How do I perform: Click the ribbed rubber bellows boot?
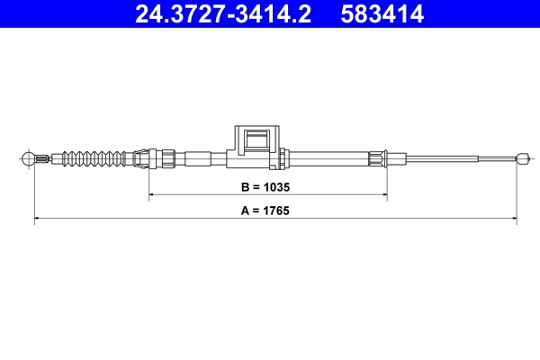click(x=94, y=159)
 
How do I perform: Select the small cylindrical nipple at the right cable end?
click(x=520, y=159)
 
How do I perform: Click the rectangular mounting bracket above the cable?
click(x=257, y=144)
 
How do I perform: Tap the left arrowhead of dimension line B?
click(x=152, y=194)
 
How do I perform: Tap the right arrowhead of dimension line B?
click(x=384, y=194)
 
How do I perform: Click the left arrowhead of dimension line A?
click(x=37, y=218)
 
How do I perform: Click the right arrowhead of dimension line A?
click(x=513, y=218)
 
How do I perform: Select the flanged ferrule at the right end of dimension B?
click(x=379, y=159)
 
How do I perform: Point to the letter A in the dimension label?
click(x=245, y=212)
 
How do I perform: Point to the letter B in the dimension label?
click(x=245, y=190)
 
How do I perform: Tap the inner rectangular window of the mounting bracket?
click(x=257, y=139)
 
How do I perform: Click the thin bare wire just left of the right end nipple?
click(x=495, y=159)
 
